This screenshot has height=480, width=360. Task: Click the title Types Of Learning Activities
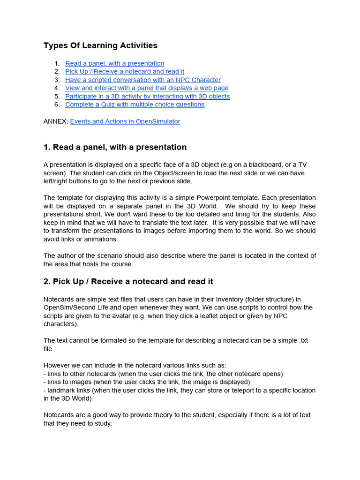[x=100, y=45]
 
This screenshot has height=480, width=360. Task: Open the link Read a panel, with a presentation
[x=114, y=63]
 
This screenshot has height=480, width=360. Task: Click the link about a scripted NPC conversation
[x=142, y=80]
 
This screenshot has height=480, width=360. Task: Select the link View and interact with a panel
[x=147, y=88]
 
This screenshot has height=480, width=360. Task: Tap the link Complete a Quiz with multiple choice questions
[x=135, y=105]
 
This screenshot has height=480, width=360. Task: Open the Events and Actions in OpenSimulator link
[x=125, y=121]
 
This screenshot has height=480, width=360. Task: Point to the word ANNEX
[x=56, y=121]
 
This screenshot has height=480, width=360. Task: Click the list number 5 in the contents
[x=57, y=97]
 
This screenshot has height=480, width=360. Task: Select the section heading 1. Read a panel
[x=115, y=147]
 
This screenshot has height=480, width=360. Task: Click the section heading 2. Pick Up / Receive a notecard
[x=128, y=281]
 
